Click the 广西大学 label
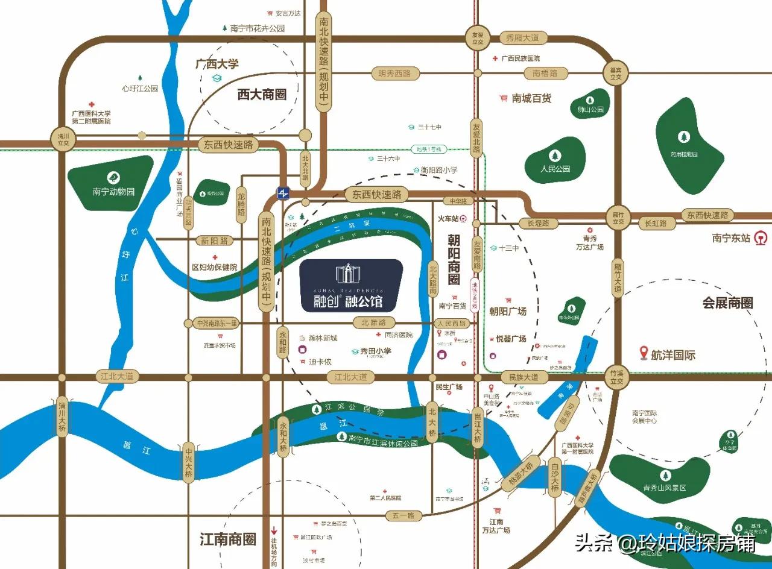(217, 64)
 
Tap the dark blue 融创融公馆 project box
(352, 285)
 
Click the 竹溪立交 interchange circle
(616, 377)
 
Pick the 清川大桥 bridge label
(62, 415)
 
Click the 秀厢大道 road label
(522, 38)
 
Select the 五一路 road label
(403, 516)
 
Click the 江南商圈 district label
(228, 539)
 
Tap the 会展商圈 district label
(727, 303)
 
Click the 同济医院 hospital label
(398, 335)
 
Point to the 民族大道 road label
(523, 377)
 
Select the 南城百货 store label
(531, 98)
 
